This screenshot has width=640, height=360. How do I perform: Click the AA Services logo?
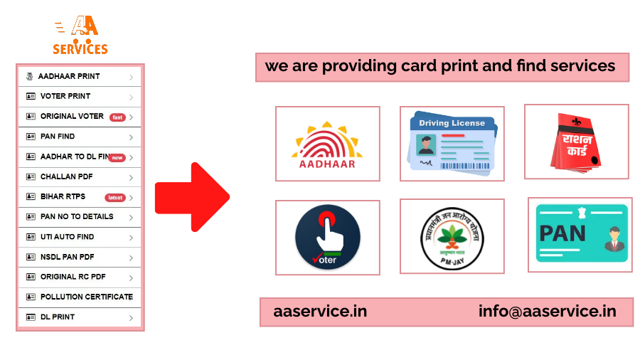tap(80, 36)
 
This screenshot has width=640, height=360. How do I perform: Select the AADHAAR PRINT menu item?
tap(69, 76)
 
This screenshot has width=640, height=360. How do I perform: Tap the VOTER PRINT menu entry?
tap(65, 96)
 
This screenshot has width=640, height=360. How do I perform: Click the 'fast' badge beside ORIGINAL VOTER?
tap(117, 117)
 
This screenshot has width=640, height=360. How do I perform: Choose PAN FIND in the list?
tap(58, 137)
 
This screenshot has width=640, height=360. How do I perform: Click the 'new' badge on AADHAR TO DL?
tap(117, 158)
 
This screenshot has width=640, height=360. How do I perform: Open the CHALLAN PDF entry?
tap(66, 176)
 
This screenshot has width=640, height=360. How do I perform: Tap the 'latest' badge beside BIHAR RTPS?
tap(114, 198)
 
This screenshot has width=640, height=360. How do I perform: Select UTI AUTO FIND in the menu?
tap(67, 237)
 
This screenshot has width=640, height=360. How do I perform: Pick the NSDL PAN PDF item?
tap(68, 257)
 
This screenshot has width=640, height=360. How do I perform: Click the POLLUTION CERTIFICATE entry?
tap(86, 297)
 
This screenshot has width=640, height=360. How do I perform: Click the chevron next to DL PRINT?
tap(132, 318)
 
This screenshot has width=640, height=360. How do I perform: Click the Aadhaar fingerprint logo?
tap(327, 144)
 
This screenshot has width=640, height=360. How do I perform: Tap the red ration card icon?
tap(576, 141)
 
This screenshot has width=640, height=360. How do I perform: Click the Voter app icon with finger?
tap(328, 236)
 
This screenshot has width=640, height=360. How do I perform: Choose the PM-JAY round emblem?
tap(452, 237)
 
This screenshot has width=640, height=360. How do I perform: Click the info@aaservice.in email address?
tap(547, 312)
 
